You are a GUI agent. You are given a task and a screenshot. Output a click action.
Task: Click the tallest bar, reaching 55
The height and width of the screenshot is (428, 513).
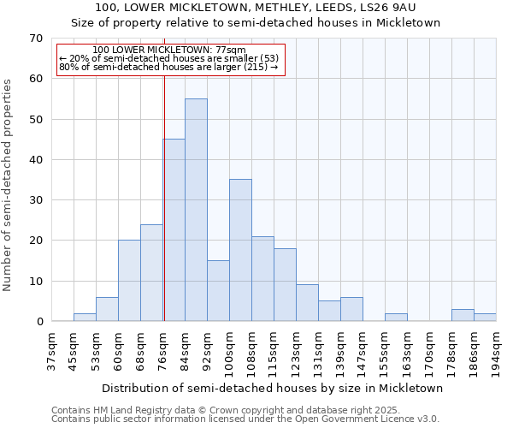click(x=196, y=210)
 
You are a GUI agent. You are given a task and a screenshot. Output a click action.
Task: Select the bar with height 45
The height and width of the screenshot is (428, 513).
click(x=174, y=230)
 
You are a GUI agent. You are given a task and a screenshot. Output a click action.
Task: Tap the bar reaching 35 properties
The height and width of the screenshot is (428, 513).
click(x=240, y=250)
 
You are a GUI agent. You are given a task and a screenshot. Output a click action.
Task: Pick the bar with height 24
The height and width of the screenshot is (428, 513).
click(x=151, y=272)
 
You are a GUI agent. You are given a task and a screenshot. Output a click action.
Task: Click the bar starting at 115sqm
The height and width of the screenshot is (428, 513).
click(x=285, y=285)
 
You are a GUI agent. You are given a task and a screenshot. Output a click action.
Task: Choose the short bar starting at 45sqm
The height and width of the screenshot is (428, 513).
click(x=85, y=318)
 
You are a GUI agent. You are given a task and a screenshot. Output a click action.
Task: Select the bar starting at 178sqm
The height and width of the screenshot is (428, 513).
click(x=463, y=315)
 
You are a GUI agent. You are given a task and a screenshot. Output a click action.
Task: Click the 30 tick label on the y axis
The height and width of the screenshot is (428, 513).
click(x=36, y=200)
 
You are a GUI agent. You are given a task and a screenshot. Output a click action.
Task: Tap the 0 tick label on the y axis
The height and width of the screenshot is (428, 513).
click(x=39, y=322)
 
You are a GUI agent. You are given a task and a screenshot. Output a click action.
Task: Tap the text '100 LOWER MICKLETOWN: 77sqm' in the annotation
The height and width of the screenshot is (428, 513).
click(x=168, y=51)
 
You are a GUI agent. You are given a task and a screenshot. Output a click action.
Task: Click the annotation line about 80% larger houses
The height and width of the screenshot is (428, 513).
click(x=168, y=67)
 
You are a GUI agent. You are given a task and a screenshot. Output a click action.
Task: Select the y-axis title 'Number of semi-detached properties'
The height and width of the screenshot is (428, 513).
click(x=9, y=185)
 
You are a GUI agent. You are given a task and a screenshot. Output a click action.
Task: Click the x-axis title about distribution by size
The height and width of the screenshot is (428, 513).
click(x=274, y=389)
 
